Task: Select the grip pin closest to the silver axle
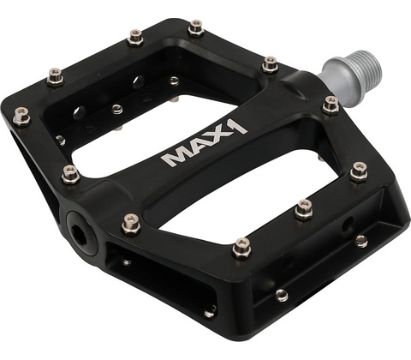[331, 105]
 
